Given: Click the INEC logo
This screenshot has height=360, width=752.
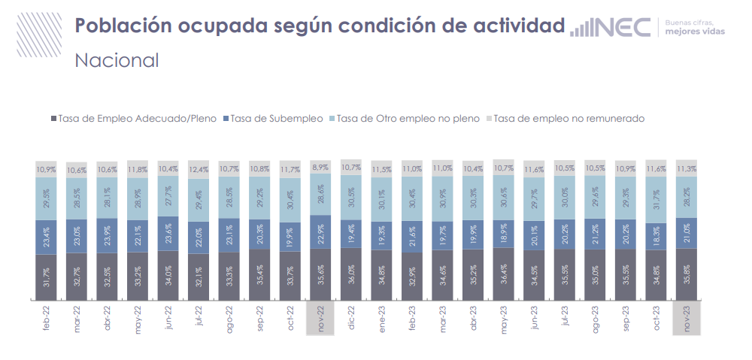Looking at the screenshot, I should click(611, 27).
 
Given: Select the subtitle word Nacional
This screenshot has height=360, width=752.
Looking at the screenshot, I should click(117, 60).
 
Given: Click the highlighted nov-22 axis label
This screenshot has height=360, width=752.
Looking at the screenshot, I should click(322, 318).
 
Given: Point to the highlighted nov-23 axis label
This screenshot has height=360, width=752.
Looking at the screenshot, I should click(687, 318).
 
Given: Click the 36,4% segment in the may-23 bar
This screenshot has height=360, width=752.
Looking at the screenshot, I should click(505, 274).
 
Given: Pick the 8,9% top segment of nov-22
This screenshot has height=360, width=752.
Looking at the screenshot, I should click(322, 167).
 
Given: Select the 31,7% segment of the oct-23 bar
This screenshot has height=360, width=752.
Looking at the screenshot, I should click(656, 199).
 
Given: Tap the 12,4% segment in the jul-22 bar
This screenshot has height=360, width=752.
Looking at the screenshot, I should click(199, 170).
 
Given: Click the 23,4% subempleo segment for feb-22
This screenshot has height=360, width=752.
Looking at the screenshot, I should click(47, 237).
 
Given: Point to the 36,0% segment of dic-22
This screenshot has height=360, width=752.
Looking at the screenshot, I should click(352, 274).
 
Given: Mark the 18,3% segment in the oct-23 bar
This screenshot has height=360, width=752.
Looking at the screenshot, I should click(656, 236).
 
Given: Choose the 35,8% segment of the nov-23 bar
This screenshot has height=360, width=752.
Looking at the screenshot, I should click(687, 274).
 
